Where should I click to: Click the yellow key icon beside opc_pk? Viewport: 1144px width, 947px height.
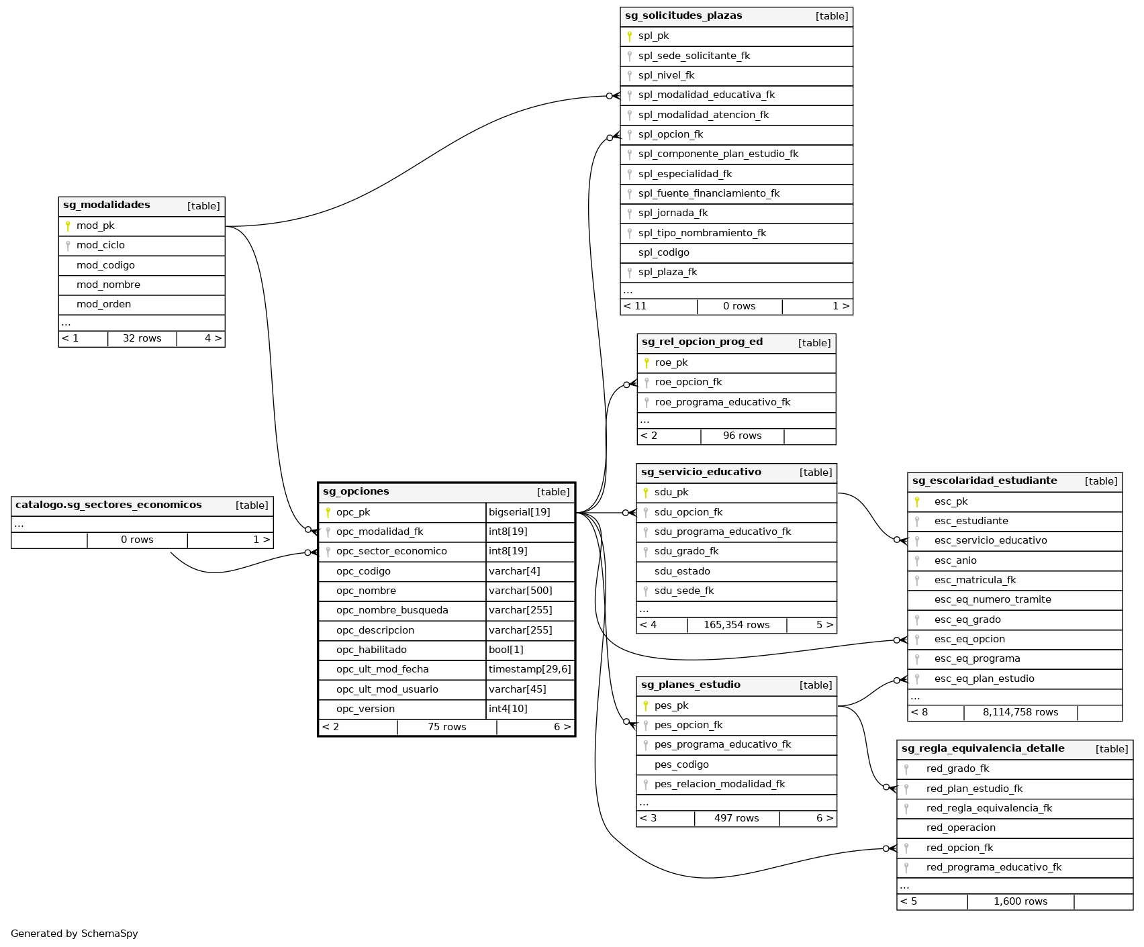(328, 512)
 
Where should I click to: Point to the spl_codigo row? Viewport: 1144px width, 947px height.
(663, 252)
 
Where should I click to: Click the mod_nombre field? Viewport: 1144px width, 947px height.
(108, 285)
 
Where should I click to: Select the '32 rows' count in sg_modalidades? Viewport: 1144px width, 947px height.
(142, 338)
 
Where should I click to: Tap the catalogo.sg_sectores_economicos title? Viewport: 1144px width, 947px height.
(109, 505)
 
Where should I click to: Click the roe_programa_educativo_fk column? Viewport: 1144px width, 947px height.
(722, 402)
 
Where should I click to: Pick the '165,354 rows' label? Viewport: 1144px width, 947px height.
(736, 625)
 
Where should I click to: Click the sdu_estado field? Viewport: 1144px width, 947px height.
(682, 571)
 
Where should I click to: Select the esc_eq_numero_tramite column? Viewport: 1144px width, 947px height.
(992, 599)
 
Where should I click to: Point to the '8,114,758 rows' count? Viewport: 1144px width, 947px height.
(1020, 712)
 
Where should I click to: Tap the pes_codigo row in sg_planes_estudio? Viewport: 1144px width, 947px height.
(681, 764)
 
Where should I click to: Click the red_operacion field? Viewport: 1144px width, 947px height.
(961, 828)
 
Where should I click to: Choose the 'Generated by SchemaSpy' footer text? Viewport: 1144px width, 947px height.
(75, 934)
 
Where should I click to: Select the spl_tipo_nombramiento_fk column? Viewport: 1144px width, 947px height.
(702, 233)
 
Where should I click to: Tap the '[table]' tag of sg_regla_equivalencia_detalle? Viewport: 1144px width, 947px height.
(1111, 749)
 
